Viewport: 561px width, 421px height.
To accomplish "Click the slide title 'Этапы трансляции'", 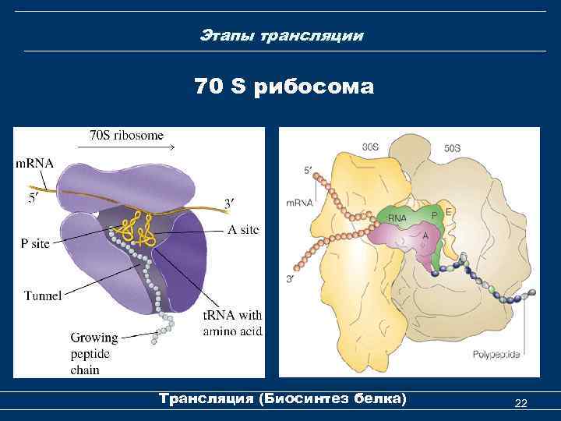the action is coord(280,36).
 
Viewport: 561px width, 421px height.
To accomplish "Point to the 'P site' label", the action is coord(34,243).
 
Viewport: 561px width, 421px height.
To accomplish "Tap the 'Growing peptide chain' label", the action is coord(93,353).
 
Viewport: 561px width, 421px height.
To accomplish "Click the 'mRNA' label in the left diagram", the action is coord(35,164).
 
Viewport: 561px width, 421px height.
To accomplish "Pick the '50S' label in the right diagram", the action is coord(452,146).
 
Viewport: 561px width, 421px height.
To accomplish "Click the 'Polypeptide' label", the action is coord(496,355).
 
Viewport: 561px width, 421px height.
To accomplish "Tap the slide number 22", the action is coord(521,402).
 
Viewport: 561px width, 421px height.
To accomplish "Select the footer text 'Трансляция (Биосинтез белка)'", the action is coord(282,399).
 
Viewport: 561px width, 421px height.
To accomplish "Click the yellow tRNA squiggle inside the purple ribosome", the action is coord(134,228).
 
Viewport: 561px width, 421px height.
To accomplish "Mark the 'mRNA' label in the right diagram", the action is coord(299,202).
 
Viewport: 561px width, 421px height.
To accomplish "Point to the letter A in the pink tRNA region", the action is coord(425,234).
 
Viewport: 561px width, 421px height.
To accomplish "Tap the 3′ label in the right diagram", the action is coord(290,278).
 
